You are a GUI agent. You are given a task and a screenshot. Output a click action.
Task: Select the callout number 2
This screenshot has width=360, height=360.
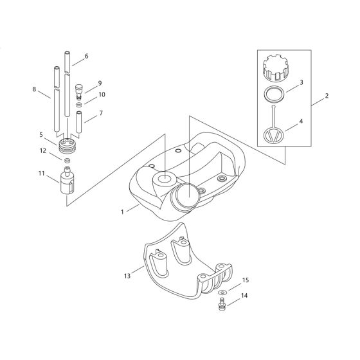click(327, 96)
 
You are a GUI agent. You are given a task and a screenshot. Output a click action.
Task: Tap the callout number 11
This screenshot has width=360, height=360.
click(42, 174)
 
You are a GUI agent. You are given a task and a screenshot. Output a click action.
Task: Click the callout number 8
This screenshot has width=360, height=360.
click(34, 90)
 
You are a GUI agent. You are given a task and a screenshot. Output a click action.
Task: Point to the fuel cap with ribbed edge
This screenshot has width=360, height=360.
click(276, 67)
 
